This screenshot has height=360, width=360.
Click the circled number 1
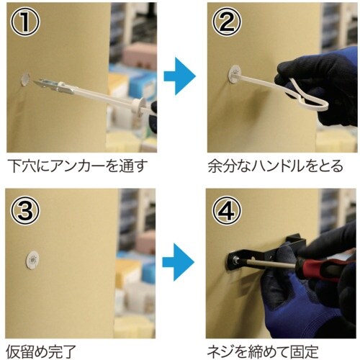point(24,22)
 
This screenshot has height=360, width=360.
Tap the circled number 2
point(227,22)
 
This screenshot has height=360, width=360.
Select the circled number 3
point(24,210)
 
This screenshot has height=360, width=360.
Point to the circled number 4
point(227,210)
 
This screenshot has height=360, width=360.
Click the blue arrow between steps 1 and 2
point(179,76)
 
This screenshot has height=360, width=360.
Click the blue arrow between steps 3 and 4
point(178,262)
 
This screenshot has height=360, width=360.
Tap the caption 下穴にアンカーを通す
point(77,166)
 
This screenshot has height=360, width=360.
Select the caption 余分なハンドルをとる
point(275,166)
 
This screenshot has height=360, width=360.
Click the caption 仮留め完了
point(41,351)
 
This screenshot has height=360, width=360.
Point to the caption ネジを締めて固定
point(263,351)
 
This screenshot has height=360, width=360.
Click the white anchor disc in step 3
point(32,260)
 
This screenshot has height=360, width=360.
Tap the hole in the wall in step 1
point(25,78)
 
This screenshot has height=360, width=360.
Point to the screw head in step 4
point(236,260)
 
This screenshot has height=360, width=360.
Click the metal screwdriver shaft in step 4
point(268,263)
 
